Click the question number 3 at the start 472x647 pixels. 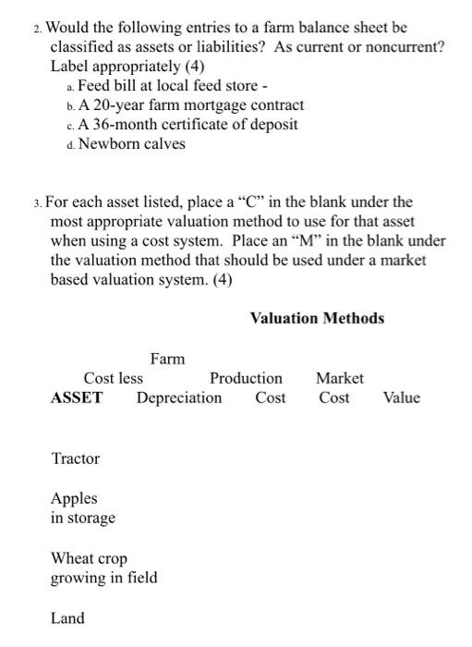(x=36, y=201)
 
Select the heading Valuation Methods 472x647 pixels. (x=317, y=319)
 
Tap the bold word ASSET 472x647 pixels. (x=77, y=398)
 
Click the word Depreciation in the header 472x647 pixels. (x=179, y=398)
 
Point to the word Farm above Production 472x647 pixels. (x=167, y=359)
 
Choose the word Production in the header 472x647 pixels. (x=246, y=378)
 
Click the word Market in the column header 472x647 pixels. (x=339, y=378)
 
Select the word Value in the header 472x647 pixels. (x=401, y=398)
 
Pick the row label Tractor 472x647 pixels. (x=75, y=459)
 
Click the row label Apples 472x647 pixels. (x=74, y=499)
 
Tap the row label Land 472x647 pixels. (x=67, y=618)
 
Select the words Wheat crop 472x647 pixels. (x=89, y=559)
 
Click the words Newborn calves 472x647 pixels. (x=132, y=144)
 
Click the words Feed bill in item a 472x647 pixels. (x=108, y=86)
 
